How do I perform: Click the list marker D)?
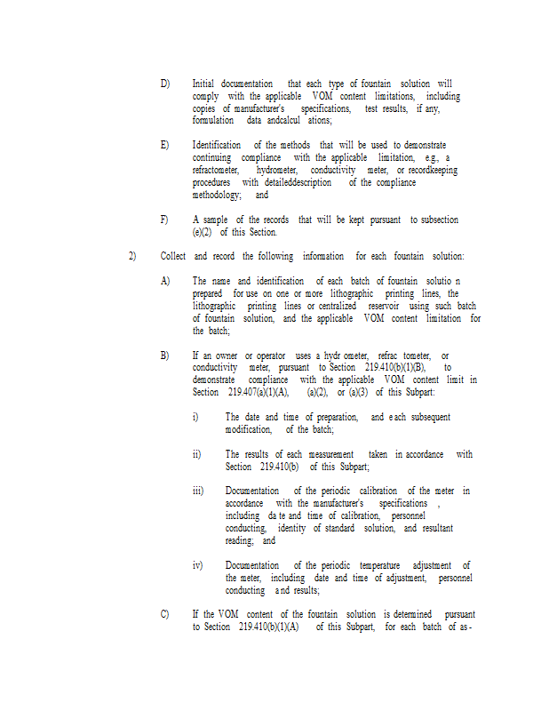tap(165, 84)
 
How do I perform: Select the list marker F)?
tap(164, 220)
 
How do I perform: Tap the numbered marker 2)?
tap(131, 257)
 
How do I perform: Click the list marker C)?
tap(165, 614)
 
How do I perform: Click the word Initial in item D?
tap(203, 84)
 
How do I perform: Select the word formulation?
tap(213, 120)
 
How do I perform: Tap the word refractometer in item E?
tap(215, 170)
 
